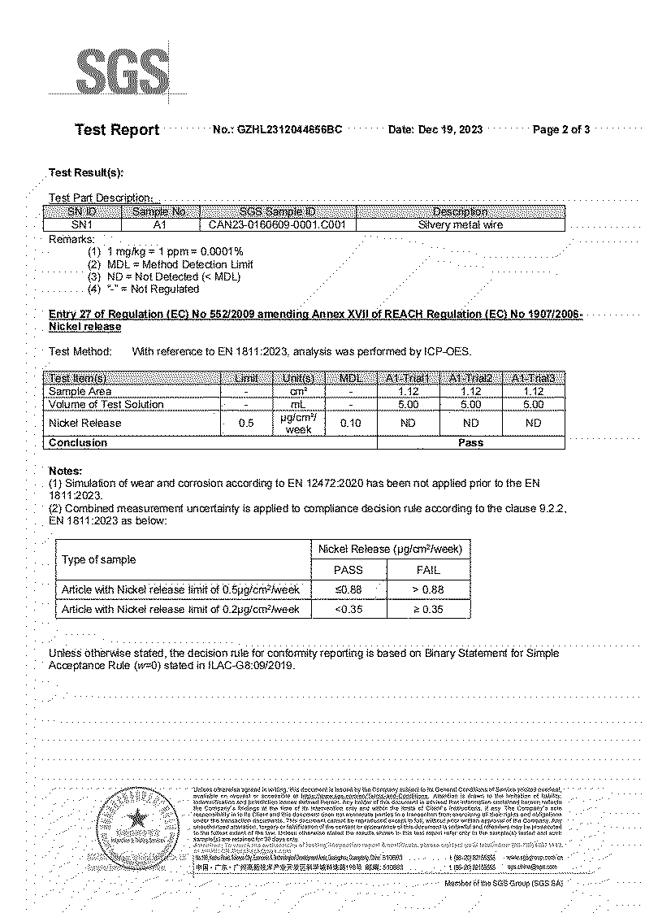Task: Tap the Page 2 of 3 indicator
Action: pos(561,130)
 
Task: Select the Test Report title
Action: pos(117,130)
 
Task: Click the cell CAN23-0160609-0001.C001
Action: pos(277,225)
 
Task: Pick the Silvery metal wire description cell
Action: pos(460,225)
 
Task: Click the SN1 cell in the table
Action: pos(82,225)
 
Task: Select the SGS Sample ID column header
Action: pos(277,212)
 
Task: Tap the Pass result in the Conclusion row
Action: pos(470,443)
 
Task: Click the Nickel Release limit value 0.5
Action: pos(246,424)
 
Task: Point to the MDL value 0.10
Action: pos(350,424)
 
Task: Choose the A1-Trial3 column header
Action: pos(533,379)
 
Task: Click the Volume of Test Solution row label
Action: pos(106,404)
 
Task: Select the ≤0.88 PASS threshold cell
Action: pos(348,589)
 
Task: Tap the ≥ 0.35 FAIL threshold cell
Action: pos(427,609)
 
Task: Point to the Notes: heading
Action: pos(66,471)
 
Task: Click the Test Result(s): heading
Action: pos(86,172)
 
